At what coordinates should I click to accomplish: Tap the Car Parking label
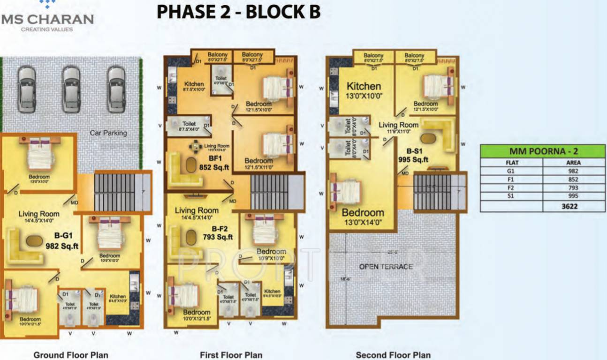point(108,133)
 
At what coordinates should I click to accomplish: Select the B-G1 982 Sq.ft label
point(62,240)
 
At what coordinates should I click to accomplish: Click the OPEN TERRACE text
point(386,267)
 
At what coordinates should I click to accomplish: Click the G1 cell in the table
point(511,171)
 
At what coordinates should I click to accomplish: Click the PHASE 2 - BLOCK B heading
point(238,12)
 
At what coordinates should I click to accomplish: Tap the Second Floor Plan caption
point(393,355)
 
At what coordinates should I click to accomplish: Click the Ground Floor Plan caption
point(70,355)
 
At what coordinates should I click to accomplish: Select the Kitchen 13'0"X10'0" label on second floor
point(364,90)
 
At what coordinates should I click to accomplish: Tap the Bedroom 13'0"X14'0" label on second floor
point(363,217)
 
